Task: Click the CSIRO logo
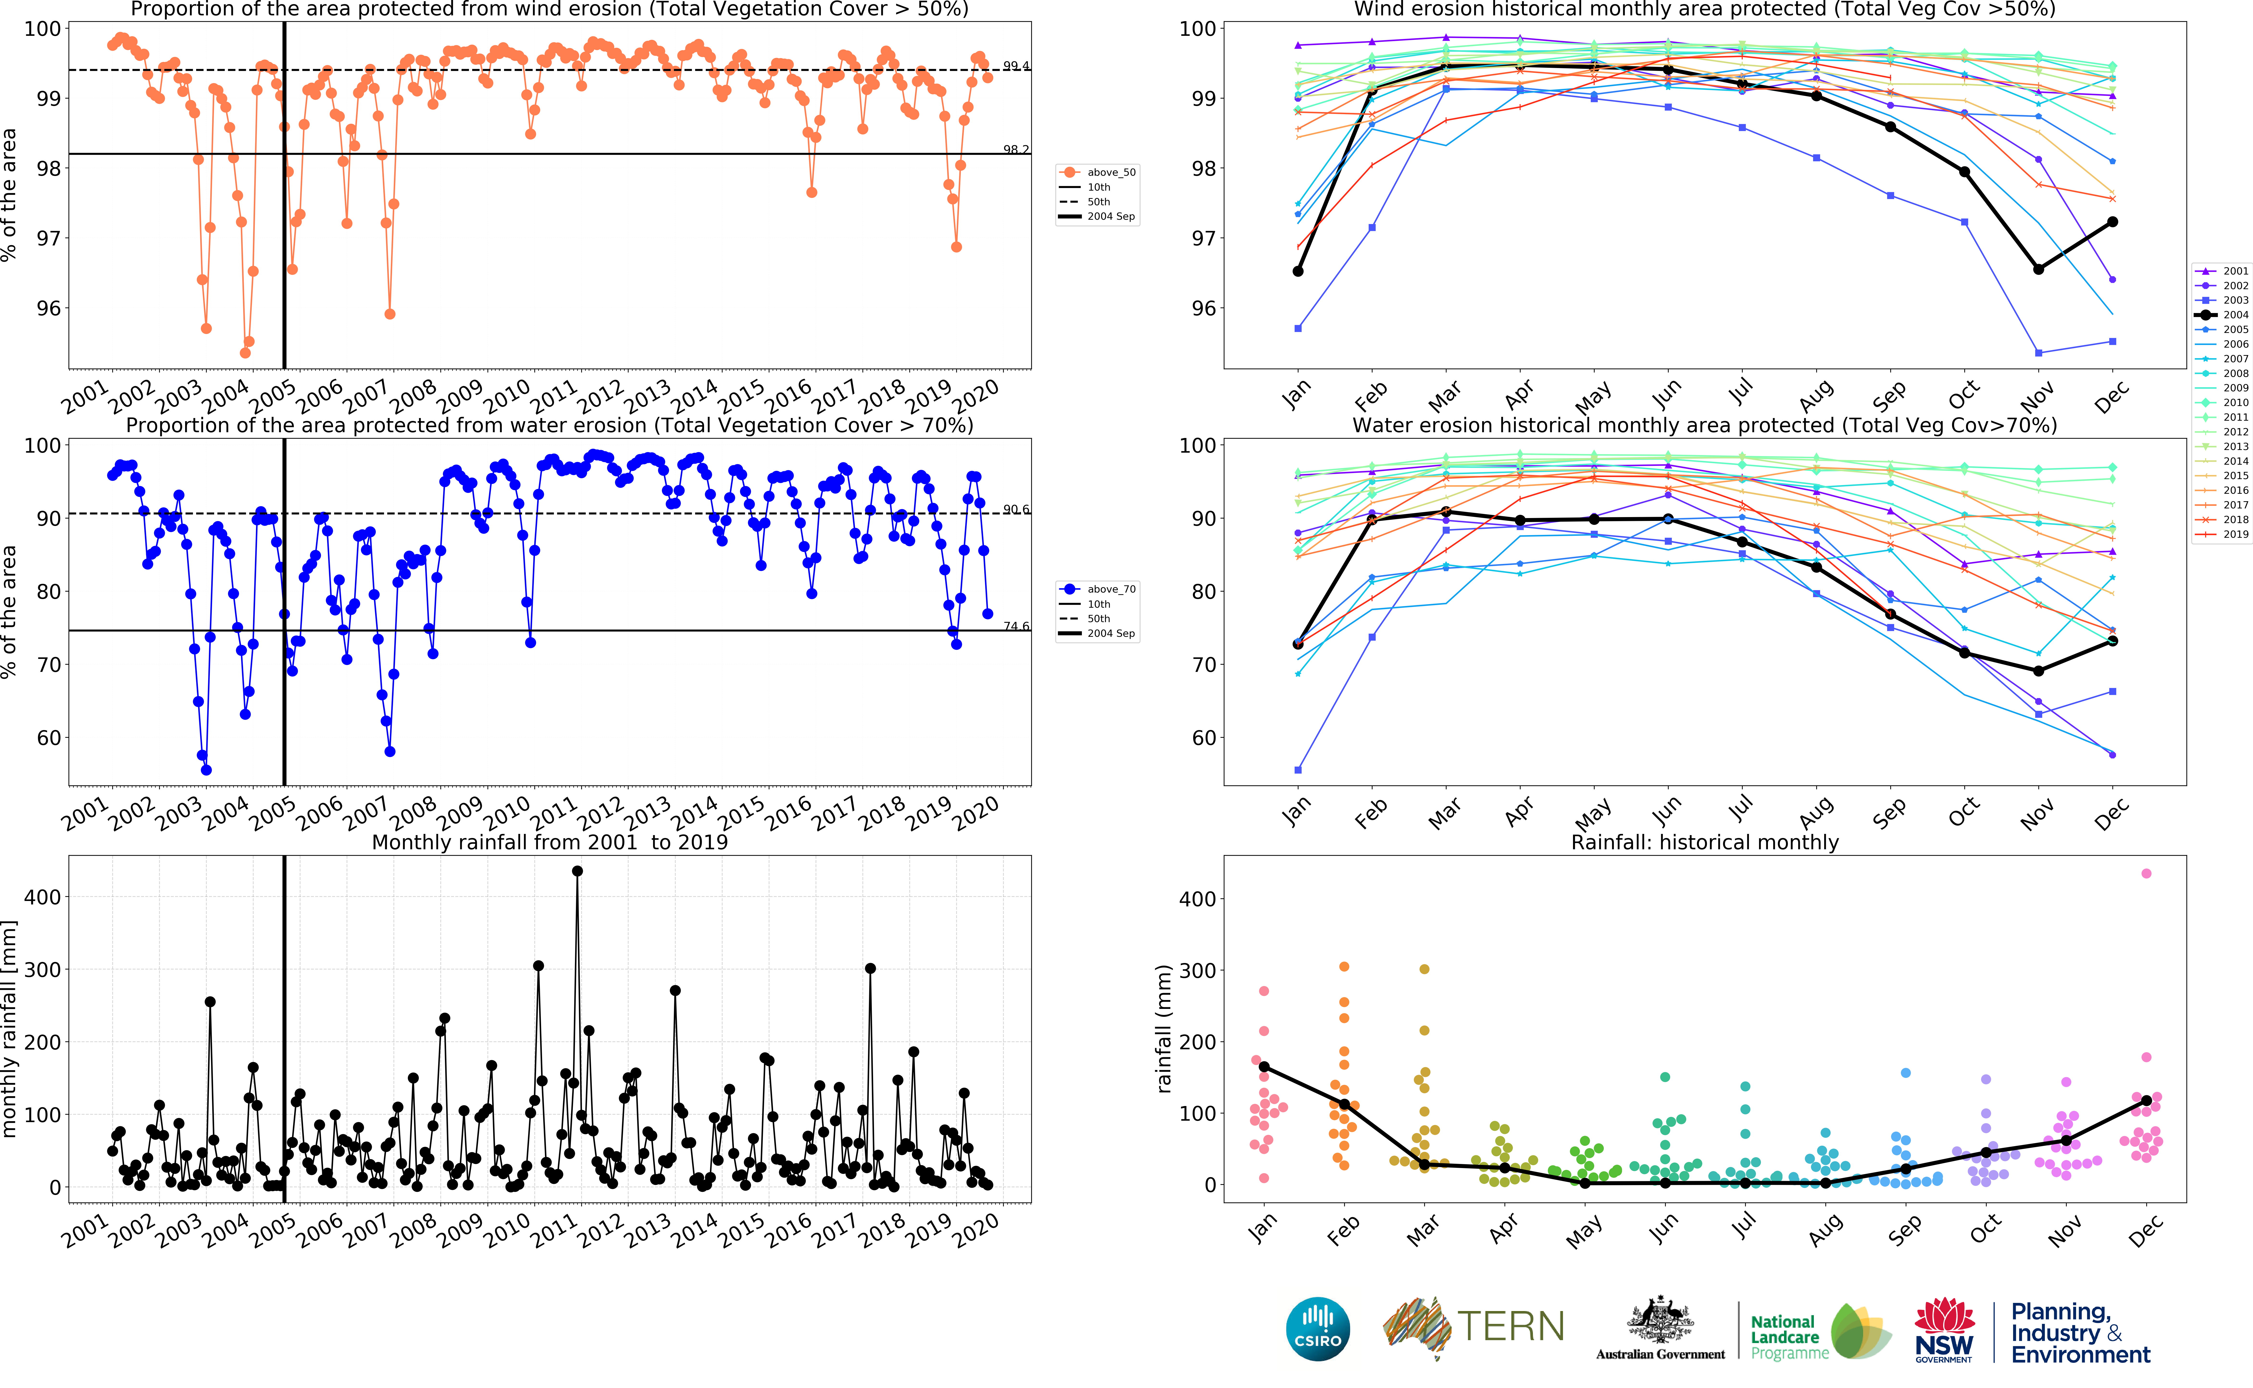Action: tap(1318, 1328)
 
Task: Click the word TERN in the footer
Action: tap(1510, 1326)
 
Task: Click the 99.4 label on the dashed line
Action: tap(1016, 66)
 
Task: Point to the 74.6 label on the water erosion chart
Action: tap(1016, 626)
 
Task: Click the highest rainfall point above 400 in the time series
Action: tap(577, 871)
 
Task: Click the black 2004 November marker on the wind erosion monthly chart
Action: tap(2038, 269)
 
